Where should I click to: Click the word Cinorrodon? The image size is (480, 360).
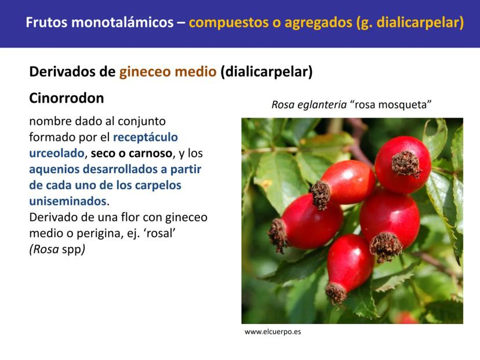pyautogui.click(x=67, y=99)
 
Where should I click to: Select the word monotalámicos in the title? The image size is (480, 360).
pyautogui.click(x=122, y=23)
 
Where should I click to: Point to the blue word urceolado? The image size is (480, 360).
pyautogui.click(x=57, y=153)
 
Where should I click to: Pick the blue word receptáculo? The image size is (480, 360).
pyautogui.click(x=146, y=137)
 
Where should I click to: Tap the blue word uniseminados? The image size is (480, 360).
pyautogui.click(x=68, y=201)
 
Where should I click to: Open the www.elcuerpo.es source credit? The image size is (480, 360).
pyautogui.click(x=273, y=332)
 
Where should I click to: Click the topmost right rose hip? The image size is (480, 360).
pyautogui.click(x=403, y=165)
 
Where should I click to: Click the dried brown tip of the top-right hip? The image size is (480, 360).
pyautogui.click(x=406, y=165)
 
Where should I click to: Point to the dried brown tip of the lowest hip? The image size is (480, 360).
pyautogui.click(x=336, y=293)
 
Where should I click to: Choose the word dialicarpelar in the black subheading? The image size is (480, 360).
pyautogui.click(x=266, y=72)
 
